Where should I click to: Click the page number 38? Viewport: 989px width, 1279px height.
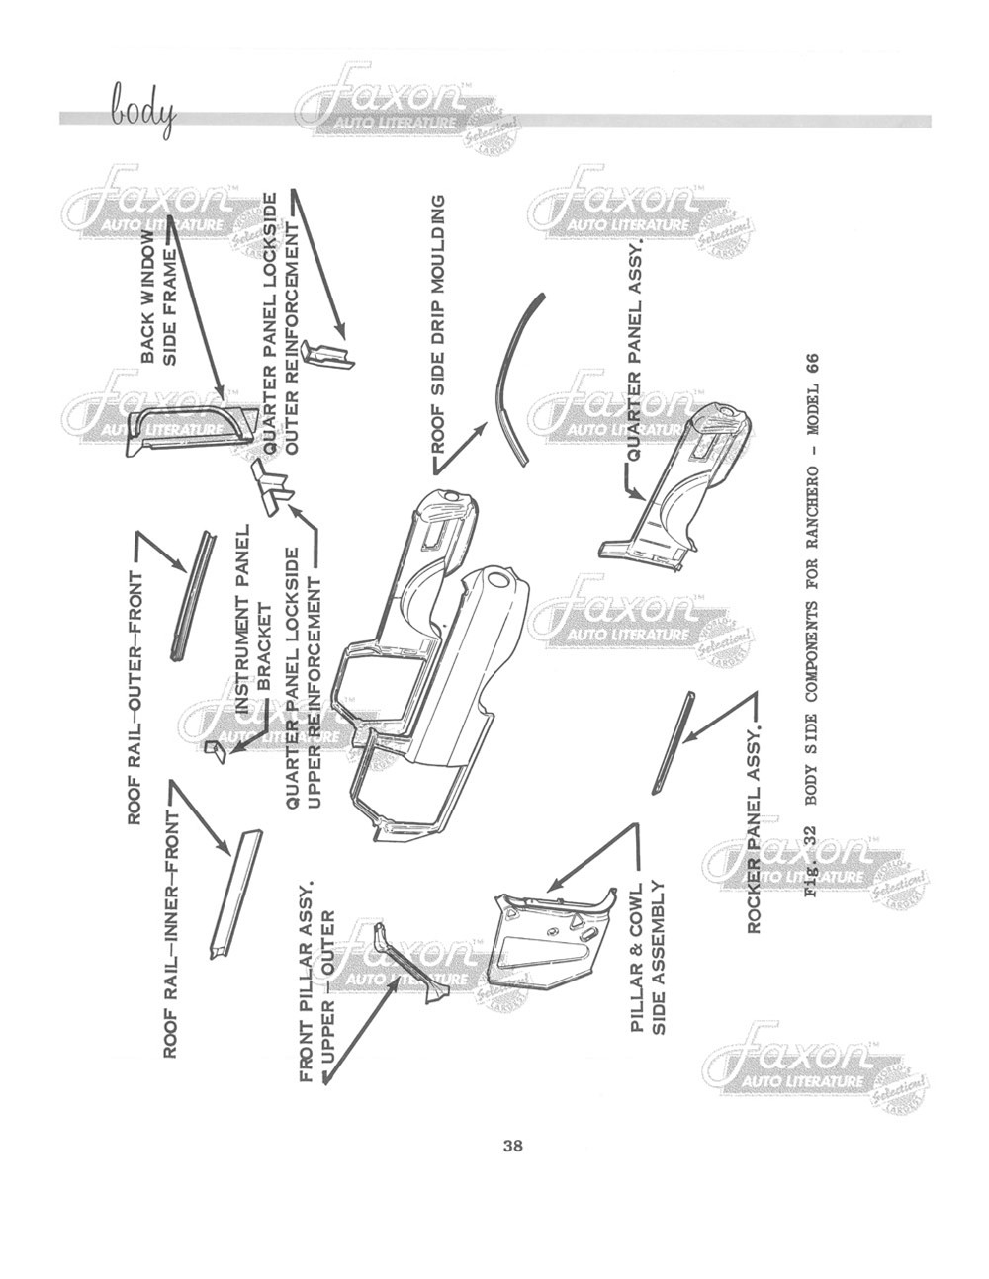pos(512,1147)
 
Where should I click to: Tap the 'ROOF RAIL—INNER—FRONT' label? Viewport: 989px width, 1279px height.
pos(170,934)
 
